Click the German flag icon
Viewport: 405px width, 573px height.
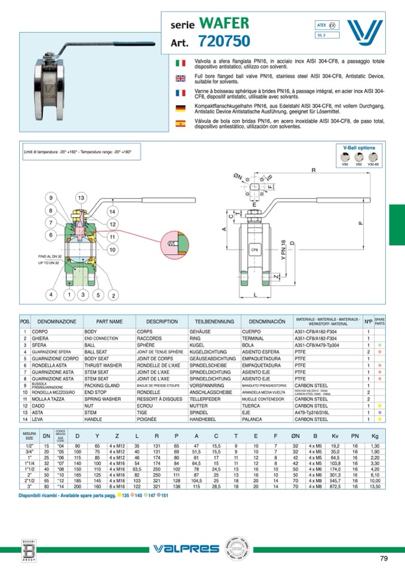[x=180, y=108]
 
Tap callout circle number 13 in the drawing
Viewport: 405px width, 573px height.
[x=81, y=198]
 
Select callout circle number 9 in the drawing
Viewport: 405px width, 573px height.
[x=51, y=198]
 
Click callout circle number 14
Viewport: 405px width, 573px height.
[x=112, y=212]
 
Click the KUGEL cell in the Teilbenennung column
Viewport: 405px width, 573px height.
[x=197, y=345]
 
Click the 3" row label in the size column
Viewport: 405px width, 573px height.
[x=29, y=486]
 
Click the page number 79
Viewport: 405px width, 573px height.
[x=384, y=559]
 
